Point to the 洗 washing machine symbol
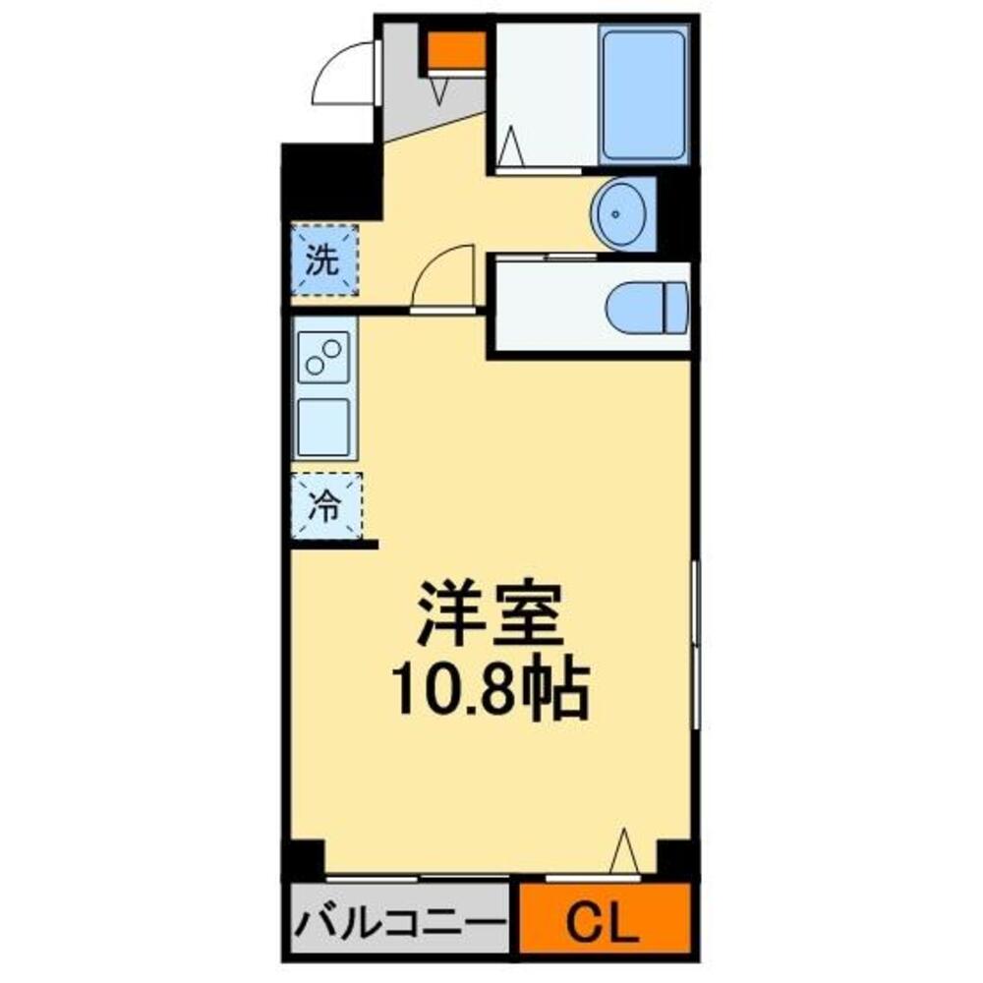click(x=323, y=260)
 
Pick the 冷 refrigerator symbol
click(x=325, y=507)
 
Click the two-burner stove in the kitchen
click(x=324, y=355)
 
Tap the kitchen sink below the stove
click(x=323, y=427)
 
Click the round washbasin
click(x=618, y=212)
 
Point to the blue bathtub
click(x=643, y=95)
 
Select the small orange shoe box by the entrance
click(x=456, y=50)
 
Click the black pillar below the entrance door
click(x=329, y=181)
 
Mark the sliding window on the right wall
click(x=695, y=644)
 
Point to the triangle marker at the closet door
click(x=623, y=850)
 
